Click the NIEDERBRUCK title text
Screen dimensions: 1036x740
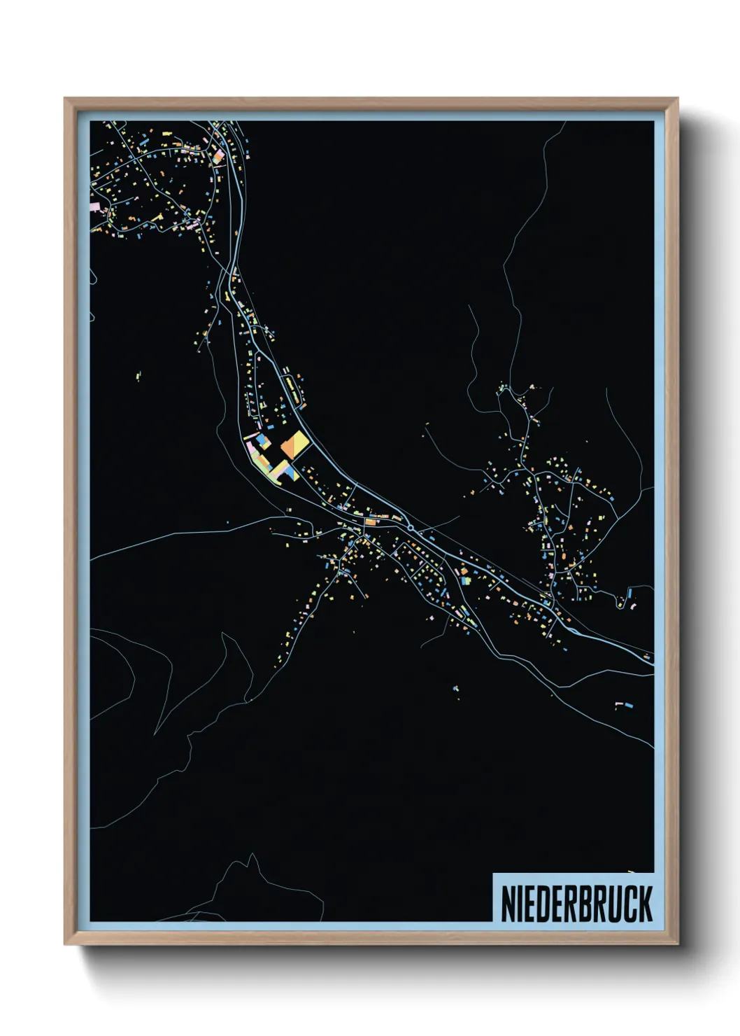click(x=576, y=903)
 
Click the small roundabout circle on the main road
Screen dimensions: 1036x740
click(x=411, y=528)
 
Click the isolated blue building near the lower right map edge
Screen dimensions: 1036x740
click(x=627, y=703)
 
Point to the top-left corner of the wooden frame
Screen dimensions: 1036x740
click(x=65, y=99)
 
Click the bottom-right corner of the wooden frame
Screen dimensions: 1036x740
click(x=677, y=944)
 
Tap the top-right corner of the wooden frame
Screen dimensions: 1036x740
click(x=677, y=99)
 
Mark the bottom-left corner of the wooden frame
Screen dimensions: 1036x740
click(x=65, y=944)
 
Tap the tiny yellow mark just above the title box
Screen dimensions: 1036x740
click(x=631, y=871)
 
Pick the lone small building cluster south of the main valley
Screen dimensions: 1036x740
click(x=456, y=690)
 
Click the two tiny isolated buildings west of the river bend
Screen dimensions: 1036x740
click(x=138, y=376)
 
